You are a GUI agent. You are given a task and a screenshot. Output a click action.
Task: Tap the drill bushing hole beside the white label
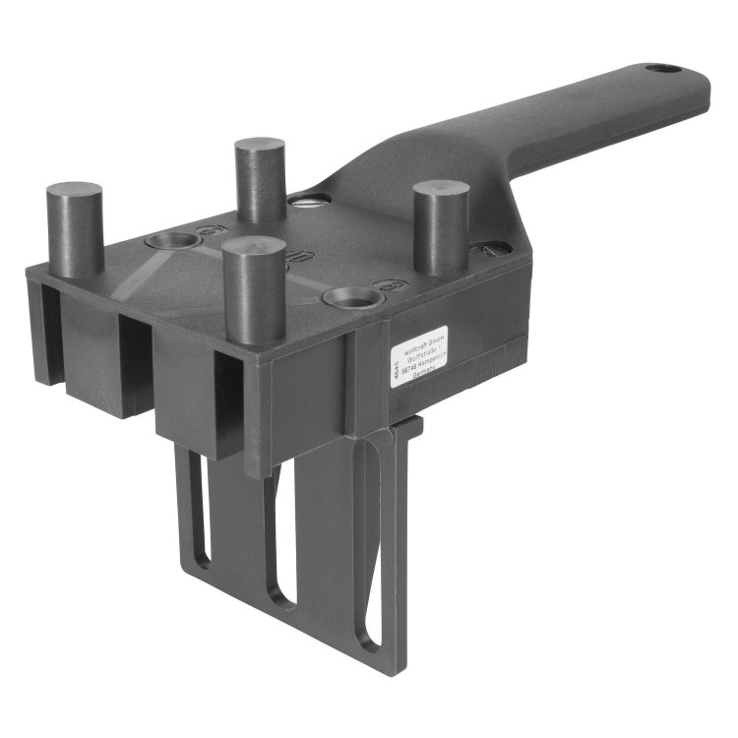[x=350, y=295]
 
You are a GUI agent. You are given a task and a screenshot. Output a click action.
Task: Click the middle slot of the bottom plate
[x=278, y=531]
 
